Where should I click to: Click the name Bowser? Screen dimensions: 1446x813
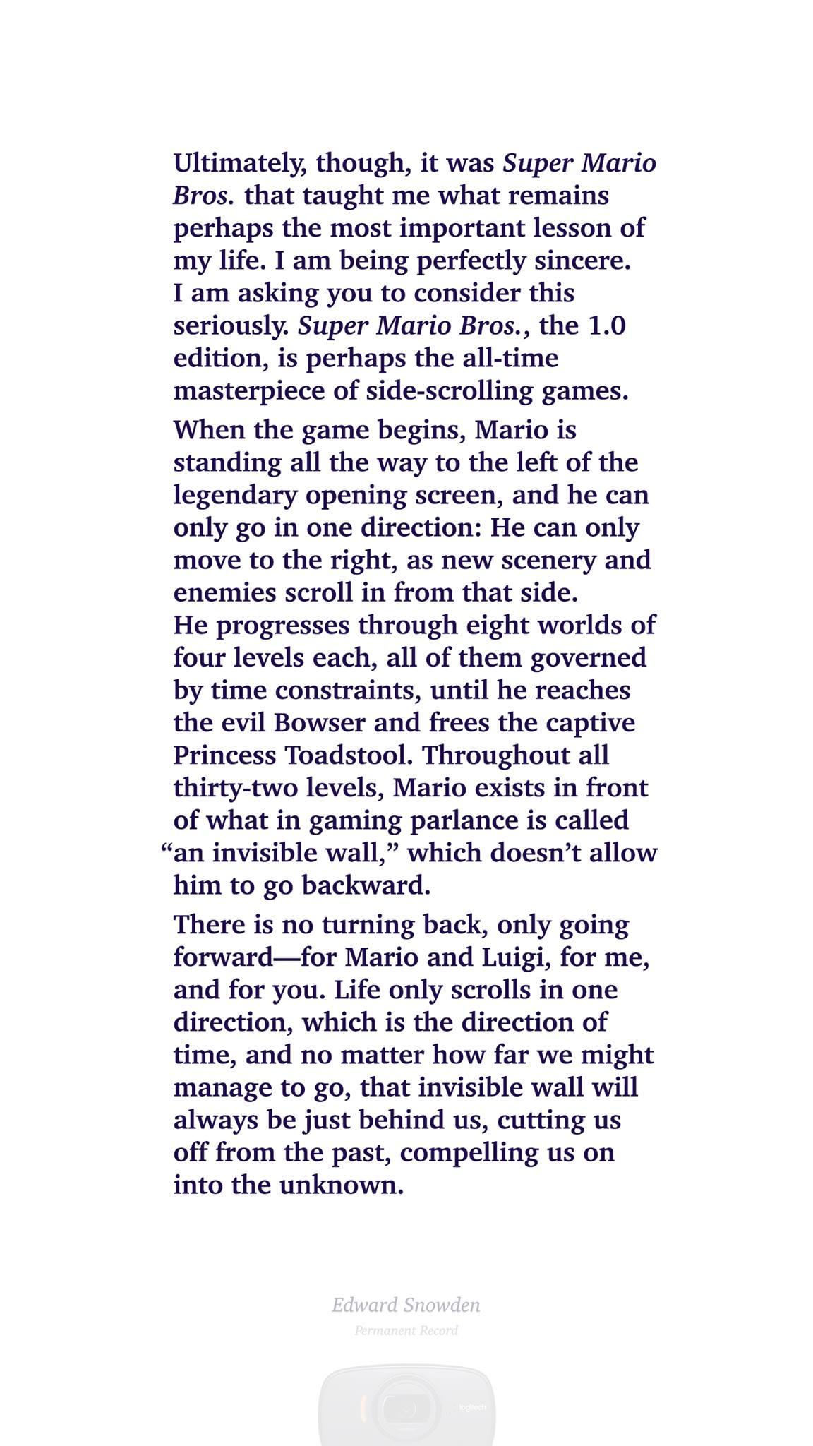click(x=320, y=722)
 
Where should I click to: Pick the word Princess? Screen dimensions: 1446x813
click(x=225, y=755)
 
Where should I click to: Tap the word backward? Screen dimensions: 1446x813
click(x=366, y=885)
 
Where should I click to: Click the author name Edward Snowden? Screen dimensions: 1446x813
click(x=406, y=1305)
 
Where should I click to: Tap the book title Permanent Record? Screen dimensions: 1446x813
click(x=406, y=1331)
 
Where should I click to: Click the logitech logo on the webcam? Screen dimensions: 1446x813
click(x=472, y=1407)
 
